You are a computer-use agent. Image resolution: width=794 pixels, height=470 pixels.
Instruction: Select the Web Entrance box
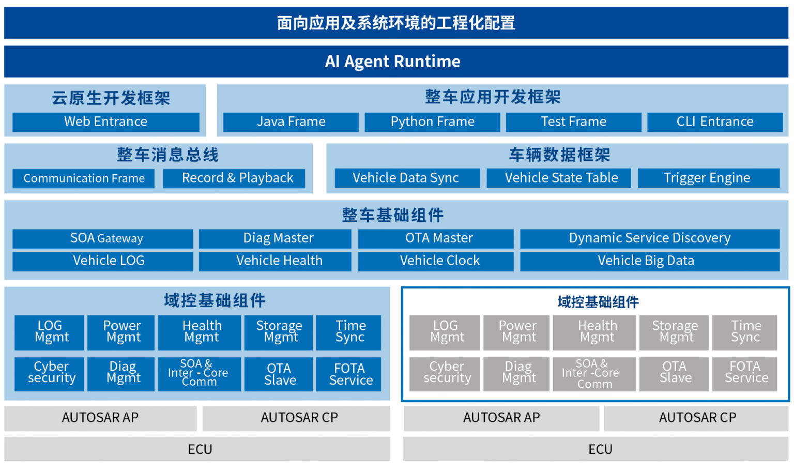[x=106, y=122]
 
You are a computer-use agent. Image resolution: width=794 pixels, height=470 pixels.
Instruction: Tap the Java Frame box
[x=291, y=122]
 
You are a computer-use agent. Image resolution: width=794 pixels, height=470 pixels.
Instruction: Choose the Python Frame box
[x=432, y=122]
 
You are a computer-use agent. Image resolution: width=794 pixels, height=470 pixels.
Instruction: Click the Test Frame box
[x=573, y=122]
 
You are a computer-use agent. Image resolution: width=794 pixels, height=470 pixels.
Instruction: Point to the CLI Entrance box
[x=715, y=122]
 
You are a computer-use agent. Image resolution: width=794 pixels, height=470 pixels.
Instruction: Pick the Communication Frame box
[x=84, y=178]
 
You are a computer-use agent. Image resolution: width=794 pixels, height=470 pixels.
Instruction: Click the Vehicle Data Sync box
[x=407, y=178]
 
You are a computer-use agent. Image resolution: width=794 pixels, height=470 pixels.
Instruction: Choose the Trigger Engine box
[x=708, y=178]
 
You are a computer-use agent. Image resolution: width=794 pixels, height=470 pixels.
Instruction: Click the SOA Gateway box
[x=103, y=238]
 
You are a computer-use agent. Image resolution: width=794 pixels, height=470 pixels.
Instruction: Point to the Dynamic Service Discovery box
[x=650, y=238]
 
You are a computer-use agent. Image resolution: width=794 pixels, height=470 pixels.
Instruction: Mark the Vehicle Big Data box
[x=650, y=261]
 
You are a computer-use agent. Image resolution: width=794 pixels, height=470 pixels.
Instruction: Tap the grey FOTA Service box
[x=744, y=373]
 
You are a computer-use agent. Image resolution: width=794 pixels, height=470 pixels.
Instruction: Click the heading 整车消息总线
[x=167, y=155]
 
